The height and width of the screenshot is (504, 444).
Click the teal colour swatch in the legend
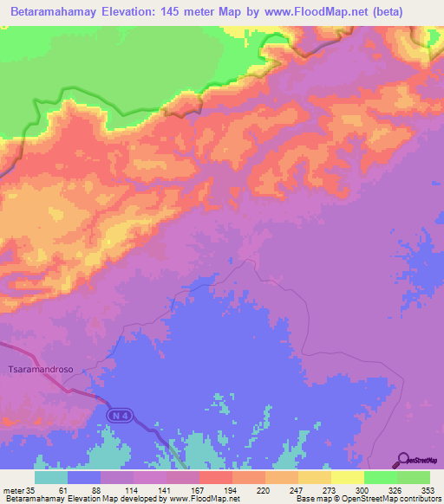(x=50, y=477)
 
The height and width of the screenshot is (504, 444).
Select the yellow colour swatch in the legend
(x=347, y=477)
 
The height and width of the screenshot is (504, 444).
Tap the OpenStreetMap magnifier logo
(x=404, y=459)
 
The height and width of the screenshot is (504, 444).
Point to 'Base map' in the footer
(x=312, y=498)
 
